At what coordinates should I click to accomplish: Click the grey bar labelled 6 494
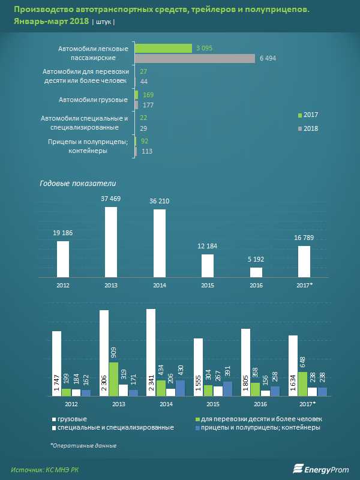(x=195, y=58)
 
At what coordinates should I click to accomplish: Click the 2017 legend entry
(x=307, y=115)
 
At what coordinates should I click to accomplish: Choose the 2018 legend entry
(x=307, y=128)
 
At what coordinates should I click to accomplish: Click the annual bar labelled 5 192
(x=256, y=272)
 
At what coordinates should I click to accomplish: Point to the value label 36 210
(x=159, y=201)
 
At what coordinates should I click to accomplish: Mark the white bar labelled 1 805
(x=245, y=362)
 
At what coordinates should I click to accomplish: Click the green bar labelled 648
(x=302, y=384)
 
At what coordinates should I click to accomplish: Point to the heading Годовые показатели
(x=78, y=184)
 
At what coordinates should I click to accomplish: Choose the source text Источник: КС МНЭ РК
(x=44, y=469)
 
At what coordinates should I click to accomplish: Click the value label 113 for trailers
(x=146, y=151)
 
